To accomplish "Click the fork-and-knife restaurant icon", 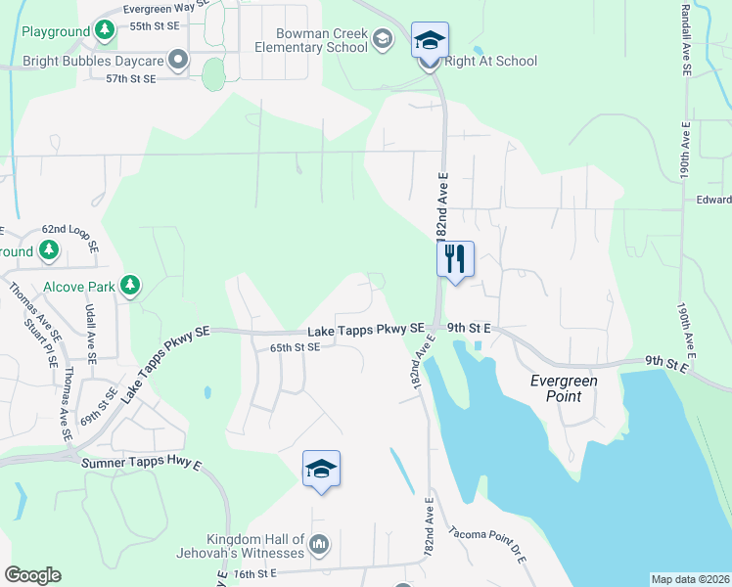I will [x=455, y=259].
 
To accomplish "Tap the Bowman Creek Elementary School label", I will [x=309, y=40].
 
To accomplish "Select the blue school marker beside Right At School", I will [x=430, y=41].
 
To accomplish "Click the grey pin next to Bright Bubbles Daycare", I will [x=177, y=61].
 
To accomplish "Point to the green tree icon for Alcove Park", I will [x=129, y=287].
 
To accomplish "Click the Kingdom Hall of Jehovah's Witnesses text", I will [x=253, y=548].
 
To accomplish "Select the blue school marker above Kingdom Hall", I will [x=321, y=470].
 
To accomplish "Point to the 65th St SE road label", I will [x=295, y=347].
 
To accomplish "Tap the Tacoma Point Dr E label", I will [x=488, y=546].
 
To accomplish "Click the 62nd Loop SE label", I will [x=69, y=238].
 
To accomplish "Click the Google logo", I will [x=32, y=575].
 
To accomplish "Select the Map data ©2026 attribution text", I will [x=690, y=578].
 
